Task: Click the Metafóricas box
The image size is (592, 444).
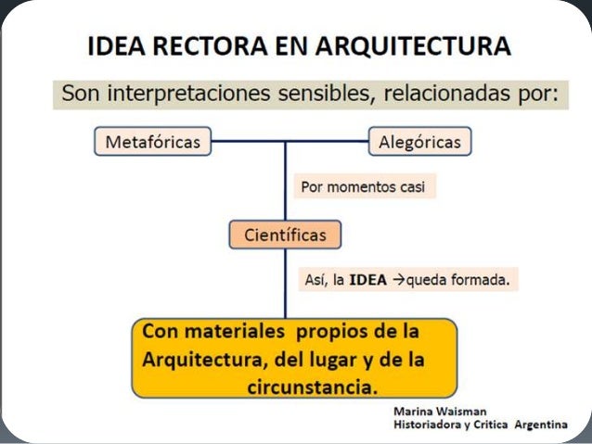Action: pyautogui.click(x=153, y=142)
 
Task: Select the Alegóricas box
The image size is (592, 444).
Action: pyautogui.click(x=420, y=142)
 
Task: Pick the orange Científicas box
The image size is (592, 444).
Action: pyautogui.click(x=285, y=235)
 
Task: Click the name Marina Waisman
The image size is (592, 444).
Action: pyautogui.click(x=439, y=410)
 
